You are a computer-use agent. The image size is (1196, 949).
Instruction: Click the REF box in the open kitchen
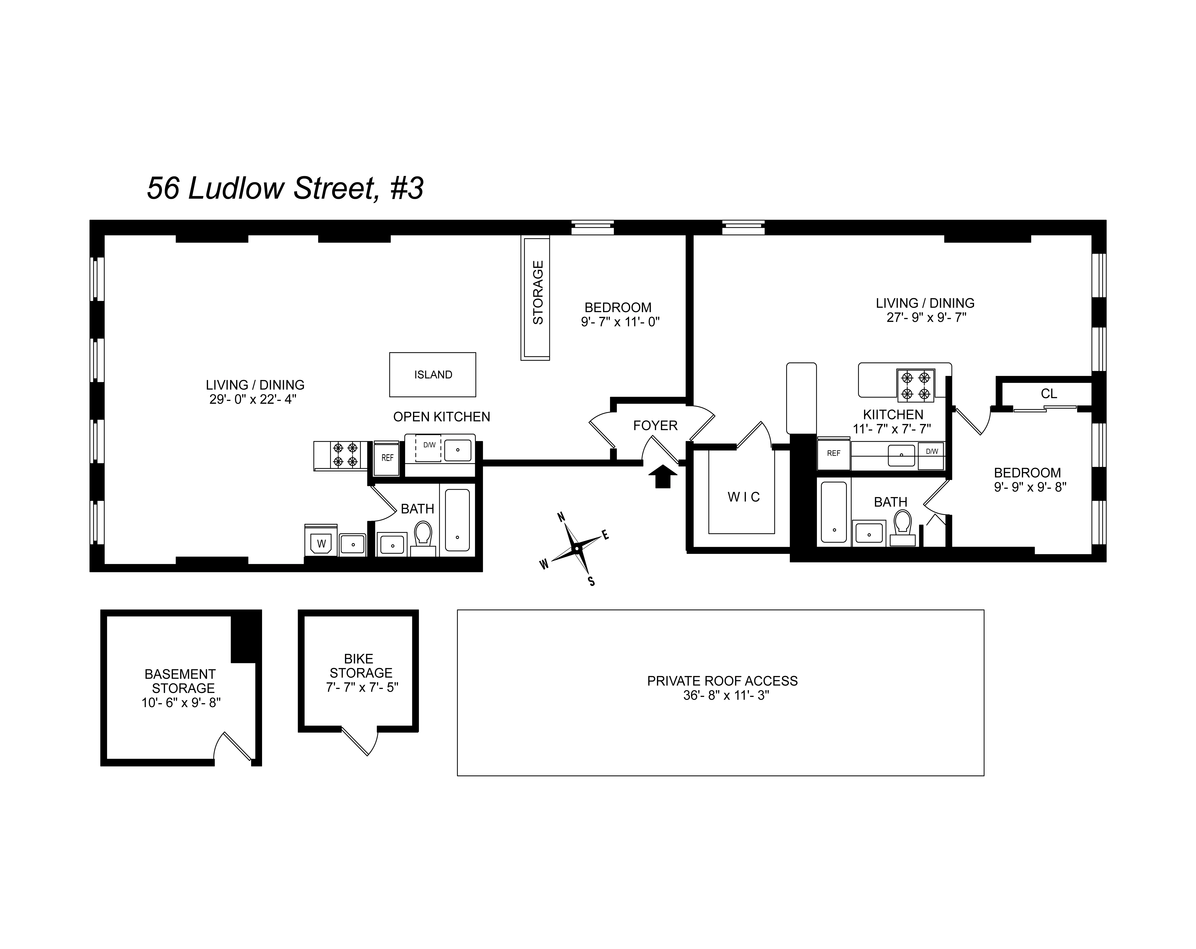(387, 458)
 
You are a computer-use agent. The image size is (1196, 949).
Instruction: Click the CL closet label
(1048, 394)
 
